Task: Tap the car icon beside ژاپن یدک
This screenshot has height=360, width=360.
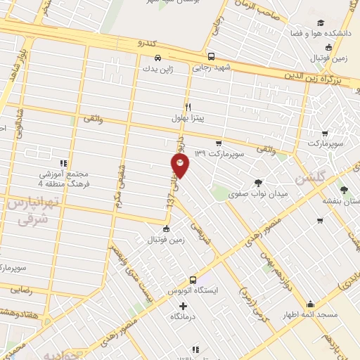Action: (x=157, y=58)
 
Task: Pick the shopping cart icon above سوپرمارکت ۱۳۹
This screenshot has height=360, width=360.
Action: (x=219, y=142)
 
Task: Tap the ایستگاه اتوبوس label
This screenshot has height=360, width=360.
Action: (x=193, y=290)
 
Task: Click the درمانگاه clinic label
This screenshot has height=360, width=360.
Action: (x=184, y=317)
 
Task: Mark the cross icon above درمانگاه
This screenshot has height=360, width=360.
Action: (x=184, y=306)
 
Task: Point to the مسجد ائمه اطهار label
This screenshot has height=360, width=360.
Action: (x=310, y=315)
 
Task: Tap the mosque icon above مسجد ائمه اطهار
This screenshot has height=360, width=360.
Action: (x=310, y=304)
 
